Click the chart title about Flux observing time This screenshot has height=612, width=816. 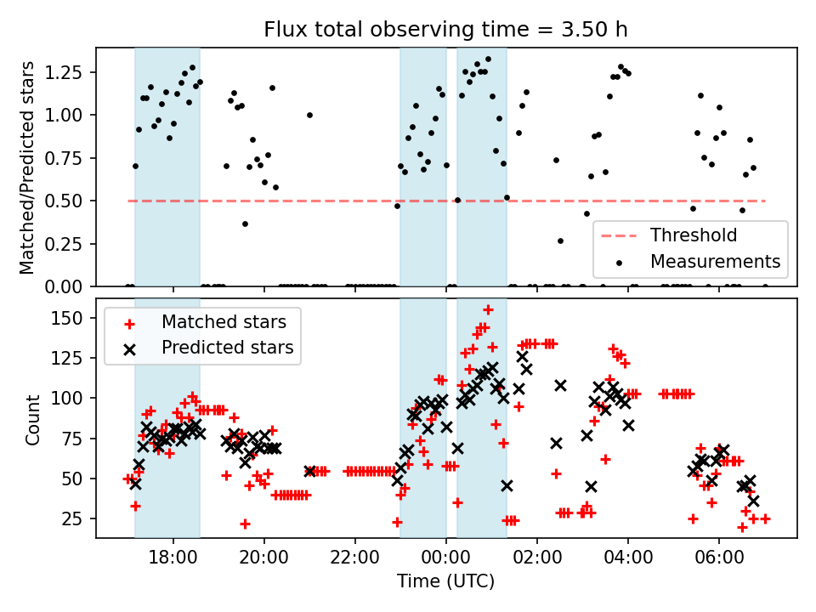coord(445,30)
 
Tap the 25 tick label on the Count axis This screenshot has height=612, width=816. coord(78,518)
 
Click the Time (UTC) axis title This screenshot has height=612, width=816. coord(445,582)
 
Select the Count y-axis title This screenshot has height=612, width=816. coord(32,419)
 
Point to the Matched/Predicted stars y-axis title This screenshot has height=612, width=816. coord(27,167)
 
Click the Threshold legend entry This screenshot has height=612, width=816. coord(693,235)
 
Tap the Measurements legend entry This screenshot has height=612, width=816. coord(715,261)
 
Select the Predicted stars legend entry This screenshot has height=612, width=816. coord(227,347)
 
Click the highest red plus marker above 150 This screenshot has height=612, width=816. coord(488,310)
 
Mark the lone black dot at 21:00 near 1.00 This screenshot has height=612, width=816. coord(309,115)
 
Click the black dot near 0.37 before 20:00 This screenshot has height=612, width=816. coord(245,224)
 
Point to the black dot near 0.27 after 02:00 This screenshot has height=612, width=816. coord(560,241)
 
